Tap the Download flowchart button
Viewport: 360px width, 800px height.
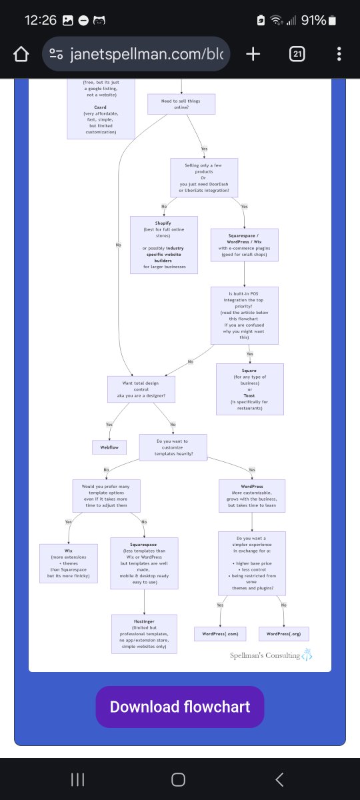179,707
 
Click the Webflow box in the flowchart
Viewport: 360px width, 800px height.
109,447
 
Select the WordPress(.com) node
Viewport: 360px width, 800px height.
220,634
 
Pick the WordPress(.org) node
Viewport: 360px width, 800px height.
285,634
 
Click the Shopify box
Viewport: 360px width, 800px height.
163,244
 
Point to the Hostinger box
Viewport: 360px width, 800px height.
145,633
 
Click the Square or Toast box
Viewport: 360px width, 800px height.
250,389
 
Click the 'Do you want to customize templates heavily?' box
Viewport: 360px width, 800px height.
173,447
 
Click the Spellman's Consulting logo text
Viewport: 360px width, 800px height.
265,655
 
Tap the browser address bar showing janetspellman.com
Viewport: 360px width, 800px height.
137,54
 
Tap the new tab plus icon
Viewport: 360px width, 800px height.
253,54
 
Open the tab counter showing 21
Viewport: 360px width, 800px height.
297,54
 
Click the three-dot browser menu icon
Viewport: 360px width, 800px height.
339,54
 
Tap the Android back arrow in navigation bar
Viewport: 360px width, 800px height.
279,779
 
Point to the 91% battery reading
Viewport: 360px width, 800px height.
313,20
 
